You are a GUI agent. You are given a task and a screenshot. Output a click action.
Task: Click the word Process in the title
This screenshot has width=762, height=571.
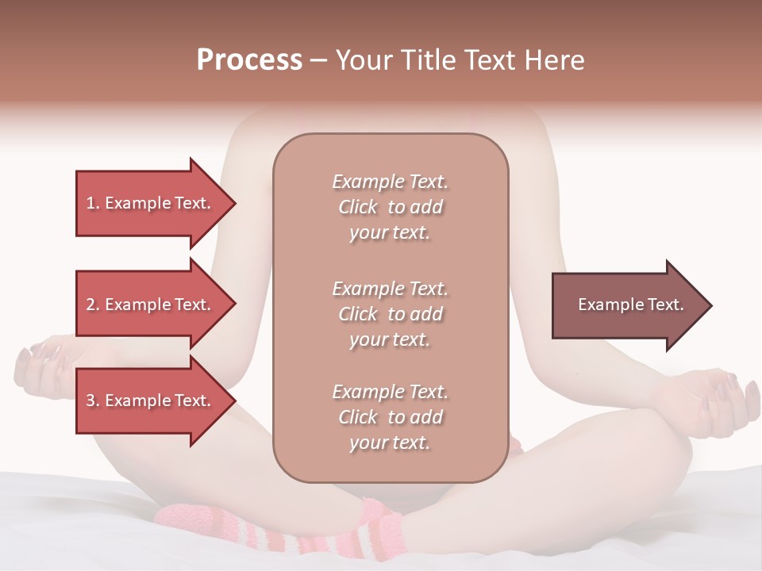[249, 60]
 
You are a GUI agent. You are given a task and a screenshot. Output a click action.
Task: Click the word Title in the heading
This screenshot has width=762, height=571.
[429, 60]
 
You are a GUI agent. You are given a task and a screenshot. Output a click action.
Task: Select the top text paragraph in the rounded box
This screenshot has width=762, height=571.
[390, 207]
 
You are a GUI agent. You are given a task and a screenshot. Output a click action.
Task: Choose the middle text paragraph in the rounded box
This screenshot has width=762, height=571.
[390, 314]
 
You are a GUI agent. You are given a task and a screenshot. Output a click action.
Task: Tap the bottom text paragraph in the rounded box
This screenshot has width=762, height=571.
[390, 417]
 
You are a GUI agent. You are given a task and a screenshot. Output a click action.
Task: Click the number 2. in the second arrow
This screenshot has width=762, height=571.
[93, 305]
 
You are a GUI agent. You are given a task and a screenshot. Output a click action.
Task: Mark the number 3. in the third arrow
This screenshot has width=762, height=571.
[93, 400]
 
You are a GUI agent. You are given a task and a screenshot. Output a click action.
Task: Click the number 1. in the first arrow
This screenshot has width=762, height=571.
[93, 203]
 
